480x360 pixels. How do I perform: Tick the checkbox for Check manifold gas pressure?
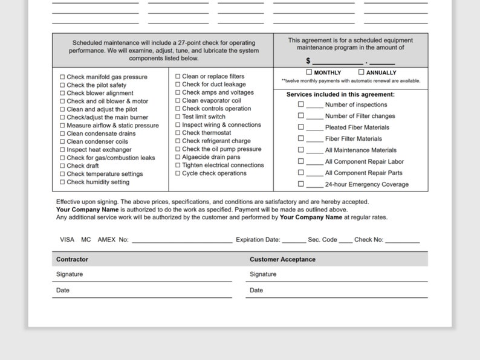tap(62, 77)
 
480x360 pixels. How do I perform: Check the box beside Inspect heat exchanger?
tap(62, 150)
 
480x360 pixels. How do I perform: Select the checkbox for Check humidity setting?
tap(62, 182)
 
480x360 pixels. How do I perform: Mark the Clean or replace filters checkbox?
tap(178, 77)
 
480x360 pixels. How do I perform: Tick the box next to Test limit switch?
tap(178, 117)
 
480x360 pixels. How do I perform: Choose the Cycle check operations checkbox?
tap(178, 173)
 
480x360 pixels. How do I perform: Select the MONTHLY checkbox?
tap(309, 72)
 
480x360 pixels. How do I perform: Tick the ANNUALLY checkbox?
tap(362, 72)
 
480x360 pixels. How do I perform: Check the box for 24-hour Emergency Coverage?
tap(300, 184)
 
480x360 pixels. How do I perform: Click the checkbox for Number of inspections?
tap(300, 104)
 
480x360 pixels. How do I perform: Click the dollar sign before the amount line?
tap(308, 61)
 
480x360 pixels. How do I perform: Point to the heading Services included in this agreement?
tap(340, 94)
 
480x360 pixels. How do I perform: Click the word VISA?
tap(67, 240)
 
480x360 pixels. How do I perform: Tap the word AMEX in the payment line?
tap(106, 240)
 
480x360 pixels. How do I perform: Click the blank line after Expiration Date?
tap(294, 240)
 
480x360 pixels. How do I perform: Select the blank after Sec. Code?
tap(346, 240)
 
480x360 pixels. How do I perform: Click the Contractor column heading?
tap(72, 259)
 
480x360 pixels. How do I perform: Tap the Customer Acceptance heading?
tap(282, 259)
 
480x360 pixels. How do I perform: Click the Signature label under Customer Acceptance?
tap(263, 274)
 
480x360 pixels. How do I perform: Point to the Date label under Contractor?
tap(63, 291)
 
